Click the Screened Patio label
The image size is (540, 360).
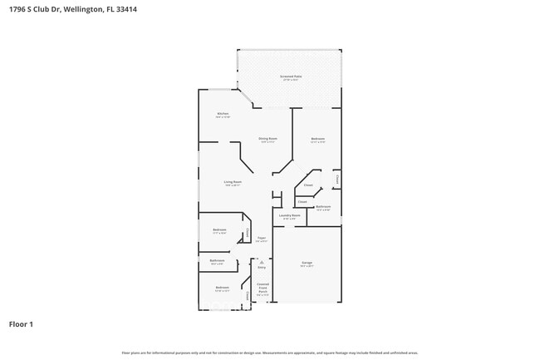[x=290, y=76]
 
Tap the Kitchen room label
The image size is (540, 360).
[x=223, y=113]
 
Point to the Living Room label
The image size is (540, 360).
[x=233, y=181]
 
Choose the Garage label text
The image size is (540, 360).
[x=307, y=263]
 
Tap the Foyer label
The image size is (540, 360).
[x=261, y=238]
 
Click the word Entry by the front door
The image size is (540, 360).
[x=262, y=268]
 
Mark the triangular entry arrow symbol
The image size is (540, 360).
[x=262, y=261]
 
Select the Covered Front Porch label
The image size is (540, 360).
[x=263, y=288]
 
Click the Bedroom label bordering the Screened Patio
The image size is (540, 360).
[x=317, y=138]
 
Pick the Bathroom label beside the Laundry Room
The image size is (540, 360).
[x=323, y=206]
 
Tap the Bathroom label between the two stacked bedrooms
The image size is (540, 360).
[x=217, y=260]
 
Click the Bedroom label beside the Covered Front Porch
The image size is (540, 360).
[x=222, y=288]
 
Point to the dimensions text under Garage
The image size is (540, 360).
[x=307, y=267]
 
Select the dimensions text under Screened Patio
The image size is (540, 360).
[x=290, y=80]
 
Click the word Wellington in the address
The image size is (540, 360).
[x=81, y=10]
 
